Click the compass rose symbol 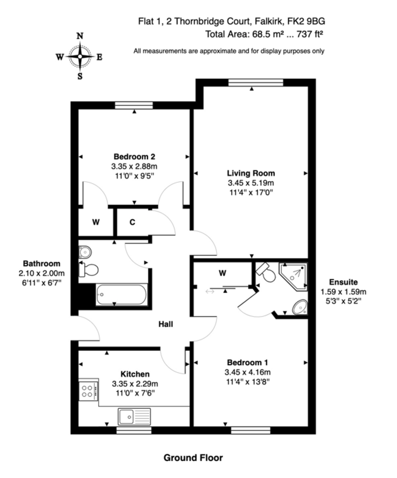(x=80, y=57)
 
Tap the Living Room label (x=251, y=173)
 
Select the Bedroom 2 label (x=134, y=156)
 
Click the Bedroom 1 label (x=247, y=362)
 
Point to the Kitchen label (x=135, y=374)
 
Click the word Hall (x=165, y=325)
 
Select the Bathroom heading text (x=41, y=263)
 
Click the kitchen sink (x=134, y=417)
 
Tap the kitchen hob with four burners (x=88, y=390)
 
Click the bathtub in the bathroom (x=122, y=295)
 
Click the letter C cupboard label (x=132, y=222)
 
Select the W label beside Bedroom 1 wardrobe (x=222, y=273)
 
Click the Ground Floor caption (x=193, y=458)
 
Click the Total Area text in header (x=263, y=34)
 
